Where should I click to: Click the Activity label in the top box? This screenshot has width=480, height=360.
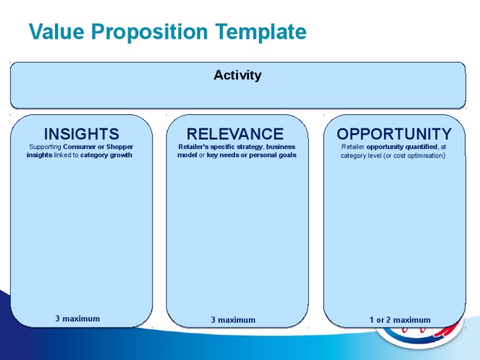(237, 76)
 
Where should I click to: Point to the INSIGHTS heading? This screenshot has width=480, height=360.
(81, 134)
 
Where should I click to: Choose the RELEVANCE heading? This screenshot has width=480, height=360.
(235, 134)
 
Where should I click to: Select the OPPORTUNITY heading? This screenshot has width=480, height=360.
(394, 134)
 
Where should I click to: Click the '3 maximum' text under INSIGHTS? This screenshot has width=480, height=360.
(77, 319)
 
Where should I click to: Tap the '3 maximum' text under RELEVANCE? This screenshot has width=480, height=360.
(233, 320)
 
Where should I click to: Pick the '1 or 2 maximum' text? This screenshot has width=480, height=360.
(400, 320)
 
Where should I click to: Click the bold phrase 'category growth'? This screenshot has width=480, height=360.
(106, 155)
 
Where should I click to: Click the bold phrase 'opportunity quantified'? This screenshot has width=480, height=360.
(402, 147)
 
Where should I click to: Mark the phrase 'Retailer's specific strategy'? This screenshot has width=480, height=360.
(216, 147)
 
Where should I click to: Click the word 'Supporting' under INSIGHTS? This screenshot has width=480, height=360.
(46, 147)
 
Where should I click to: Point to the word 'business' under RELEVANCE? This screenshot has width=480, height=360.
(281, 147)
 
